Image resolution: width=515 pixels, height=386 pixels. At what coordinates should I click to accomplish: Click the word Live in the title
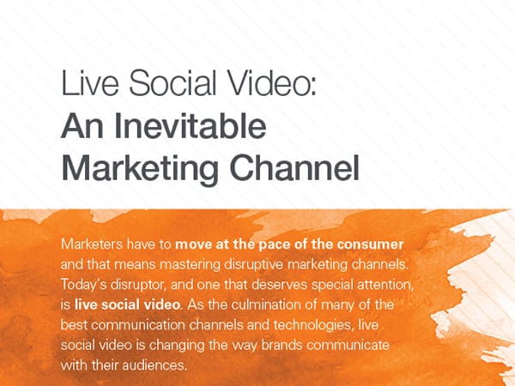point(89,82)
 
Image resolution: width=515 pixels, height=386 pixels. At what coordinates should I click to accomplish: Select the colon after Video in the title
point(312,87)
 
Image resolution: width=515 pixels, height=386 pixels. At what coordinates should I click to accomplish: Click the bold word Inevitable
point(191,126)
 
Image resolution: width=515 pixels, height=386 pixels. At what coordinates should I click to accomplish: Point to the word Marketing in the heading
point(140,168)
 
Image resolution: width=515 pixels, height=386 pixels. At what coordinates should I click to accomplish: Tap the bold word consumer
point(370,244)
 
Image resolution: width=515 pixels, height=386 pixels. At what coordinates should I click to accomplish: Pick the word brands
point(282,346)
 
